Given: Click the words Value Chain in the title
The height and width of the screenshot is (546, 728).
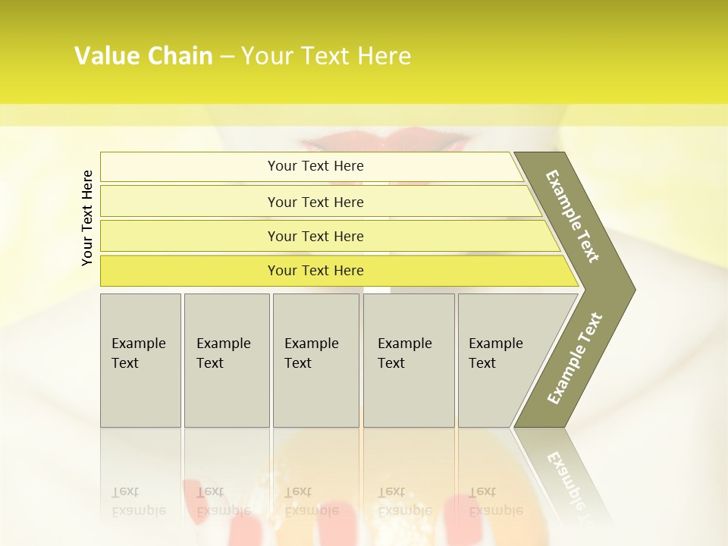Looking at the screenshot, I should click(x=143, y=56).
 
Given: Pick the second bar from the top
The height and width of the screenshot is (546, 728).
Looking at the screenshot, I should click(x=315, y=202).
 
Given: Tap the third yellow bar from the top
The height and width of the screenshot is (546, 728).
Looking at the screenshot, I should click(x=315, y=236).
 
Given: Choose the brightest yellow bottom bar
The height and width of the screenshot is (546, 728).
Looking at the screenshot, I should click(x=315, y=271).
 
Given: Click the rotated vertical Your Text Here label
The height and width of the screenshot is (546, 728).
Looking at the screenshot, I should click(x=87, y=218).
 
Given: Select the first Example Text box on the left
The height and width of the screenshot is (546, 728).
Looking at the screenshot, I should click(x=140, y=360).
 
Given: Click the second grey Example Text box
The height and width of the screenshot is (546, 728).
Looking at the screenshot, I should click(x=226, y=360).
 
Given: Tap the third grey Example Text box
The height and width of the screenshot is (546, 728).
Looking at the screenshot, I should click(x=315, y=360).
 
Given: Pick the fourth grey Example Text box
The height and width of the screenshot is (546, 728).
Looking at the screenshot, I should click(x=408, y=360).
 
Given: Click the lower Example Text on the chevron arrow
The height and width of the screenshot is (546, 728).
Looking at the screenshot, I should click(x=574, y=358).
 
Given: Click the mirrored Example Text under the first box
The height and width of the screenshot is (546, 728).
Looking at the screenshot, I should click(x=139, y=501).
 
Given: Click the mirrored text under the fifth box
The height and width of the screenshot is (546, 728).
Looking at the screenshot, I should click(x=496, y=501).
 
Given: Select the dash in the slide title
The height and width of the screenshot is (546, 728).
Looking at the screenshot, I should click(x=227, y=56).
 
